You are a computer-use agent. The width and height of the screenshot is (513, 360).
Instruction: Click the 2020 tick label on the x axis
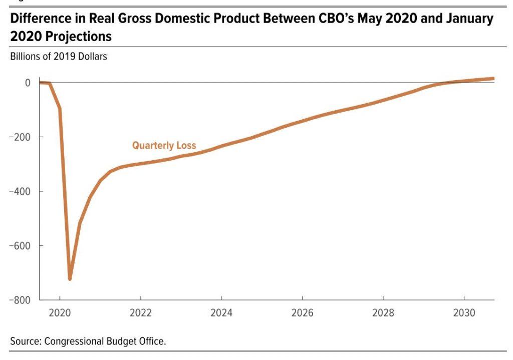tap(60, 313)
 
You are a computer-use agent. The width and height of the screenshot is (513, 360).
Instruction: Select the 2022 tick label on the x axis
tap(141, 313)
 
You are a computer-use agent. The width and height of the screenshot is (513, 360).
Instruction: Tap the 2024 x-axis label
tap(221, 313)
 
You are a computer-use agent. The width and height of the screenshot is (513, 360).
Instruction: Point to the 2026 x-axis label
tap(303, 313)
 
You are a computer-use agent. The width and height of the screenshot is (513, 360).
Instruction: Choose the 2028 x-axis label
tap(383, 313)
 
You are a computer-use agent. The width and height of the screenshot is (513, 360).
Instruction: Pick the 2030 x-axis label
tap(464, 313)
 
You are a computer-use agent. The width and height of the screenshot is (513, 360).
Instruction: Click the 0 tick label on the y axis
tap(28, 83)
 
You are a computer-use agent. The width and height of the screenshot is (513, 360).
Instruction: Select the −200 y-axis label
tap(20, 137)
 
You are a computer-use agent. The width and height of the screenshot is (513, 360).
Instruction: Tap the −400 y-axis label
tap(20, 191)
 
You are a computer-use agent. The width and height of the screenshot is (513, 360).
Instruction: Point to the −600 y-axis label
tap(20, 245)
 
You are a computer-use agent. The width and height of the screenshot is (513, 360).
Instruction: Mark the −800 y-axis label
tap(20, 300)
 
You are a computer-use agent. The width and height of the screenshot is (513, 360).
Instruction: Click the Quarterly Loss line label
tap(164, 146)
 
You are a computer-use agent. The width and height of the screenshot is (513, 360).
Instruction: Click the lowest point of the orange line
tap(70, 278)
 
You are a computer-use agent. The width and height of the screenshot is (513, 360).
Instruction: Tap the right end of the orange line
tap(493, 79)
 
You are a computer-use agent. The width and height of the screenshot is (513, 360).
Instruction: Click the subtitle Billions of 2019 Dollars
tap(59, 57)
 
